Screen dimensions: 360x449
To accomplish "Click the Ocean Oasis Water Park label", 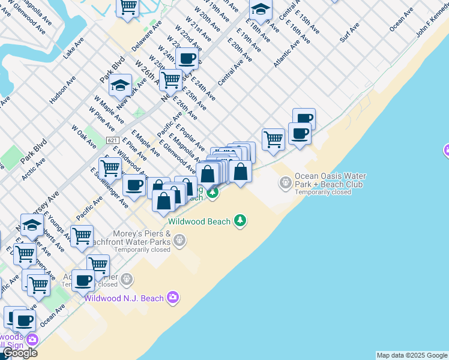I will click(330, 181).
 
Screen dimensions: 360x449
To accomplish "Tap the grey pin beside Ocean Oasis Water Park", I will click(286, 181).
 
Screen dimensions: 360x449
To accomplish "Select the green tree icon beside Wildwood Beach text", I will click(240, 221).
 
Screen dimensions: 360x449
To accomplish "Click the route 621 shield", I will click(112, 140).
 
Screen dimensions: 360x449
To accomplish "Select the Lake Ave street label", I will click(73, 47).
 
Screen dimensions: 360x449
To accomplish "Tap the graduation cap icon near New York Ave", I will click(121, 85).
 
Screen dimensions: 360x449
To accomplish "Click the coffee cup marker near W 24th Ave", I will click(187, 59).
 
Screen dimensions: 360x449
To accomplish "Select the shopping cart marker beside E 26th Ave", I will click(171, 79).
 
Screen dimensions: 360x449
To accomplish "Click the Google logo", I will click(20, 353).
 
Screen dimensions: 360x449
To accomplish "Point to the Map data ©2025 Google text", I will click(412, 355).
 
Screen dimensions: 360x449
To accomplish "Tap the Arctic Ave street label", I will click(33, 169).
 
